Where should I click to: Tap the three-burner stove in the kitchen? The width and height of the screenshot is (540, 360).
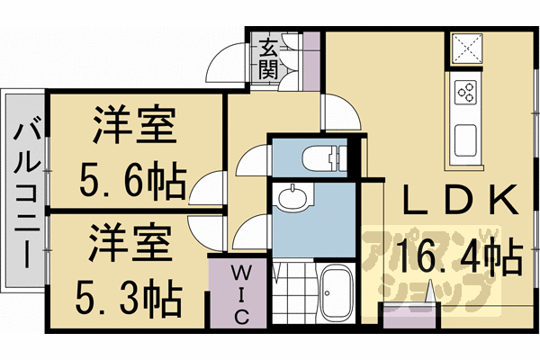[x=466, y=92]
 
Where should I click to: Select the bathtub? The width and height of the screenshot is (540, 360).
[x=338, y=292]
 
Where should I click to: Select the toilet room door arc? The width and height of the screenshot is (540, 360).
[x=254, y=159]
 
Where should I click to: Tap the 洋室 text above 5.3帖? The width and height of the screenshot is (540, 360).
[x=128, y=241]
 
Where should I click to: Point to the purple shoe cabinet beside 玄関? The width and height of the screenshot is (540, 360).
[x=310, y=60]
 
